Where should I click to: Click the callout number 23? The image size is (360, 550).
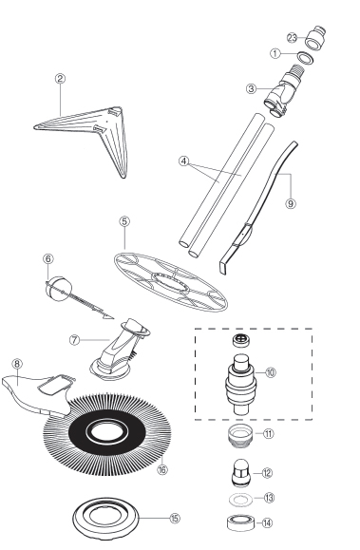coord(292,38)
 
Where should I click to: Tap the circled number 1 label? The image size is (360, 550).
coord(275,53)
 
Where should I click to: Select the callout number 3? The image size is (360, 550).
coord(251,89)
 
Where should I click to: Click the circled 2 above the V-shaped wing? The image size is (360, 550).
coord(60,78)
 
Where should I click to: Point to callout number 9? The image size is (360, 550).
coord(291,203)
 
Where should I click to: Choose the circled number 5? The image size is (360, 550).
coord(124,221)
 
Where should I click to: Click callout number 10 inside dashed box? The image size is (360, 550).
coord(270,372)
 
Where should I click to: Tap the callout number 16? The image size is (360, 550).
coord(162,469)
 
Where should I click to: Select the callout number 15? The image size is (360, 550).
coord(175,518)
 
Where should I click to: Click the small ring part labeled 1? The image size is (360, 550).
coord(306,58)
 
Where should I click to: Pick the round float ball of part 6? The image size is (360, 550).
coord(59,289)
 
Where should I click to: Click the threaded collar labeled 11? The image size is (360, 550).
coord(240,435)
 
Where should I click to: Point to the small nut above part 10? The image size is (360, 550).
coord(240,340)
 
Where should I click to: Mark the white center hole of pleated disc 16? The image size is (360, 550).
coord(107,432)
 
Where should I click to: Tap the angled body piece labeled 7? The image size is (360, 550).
coord(120,350)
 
